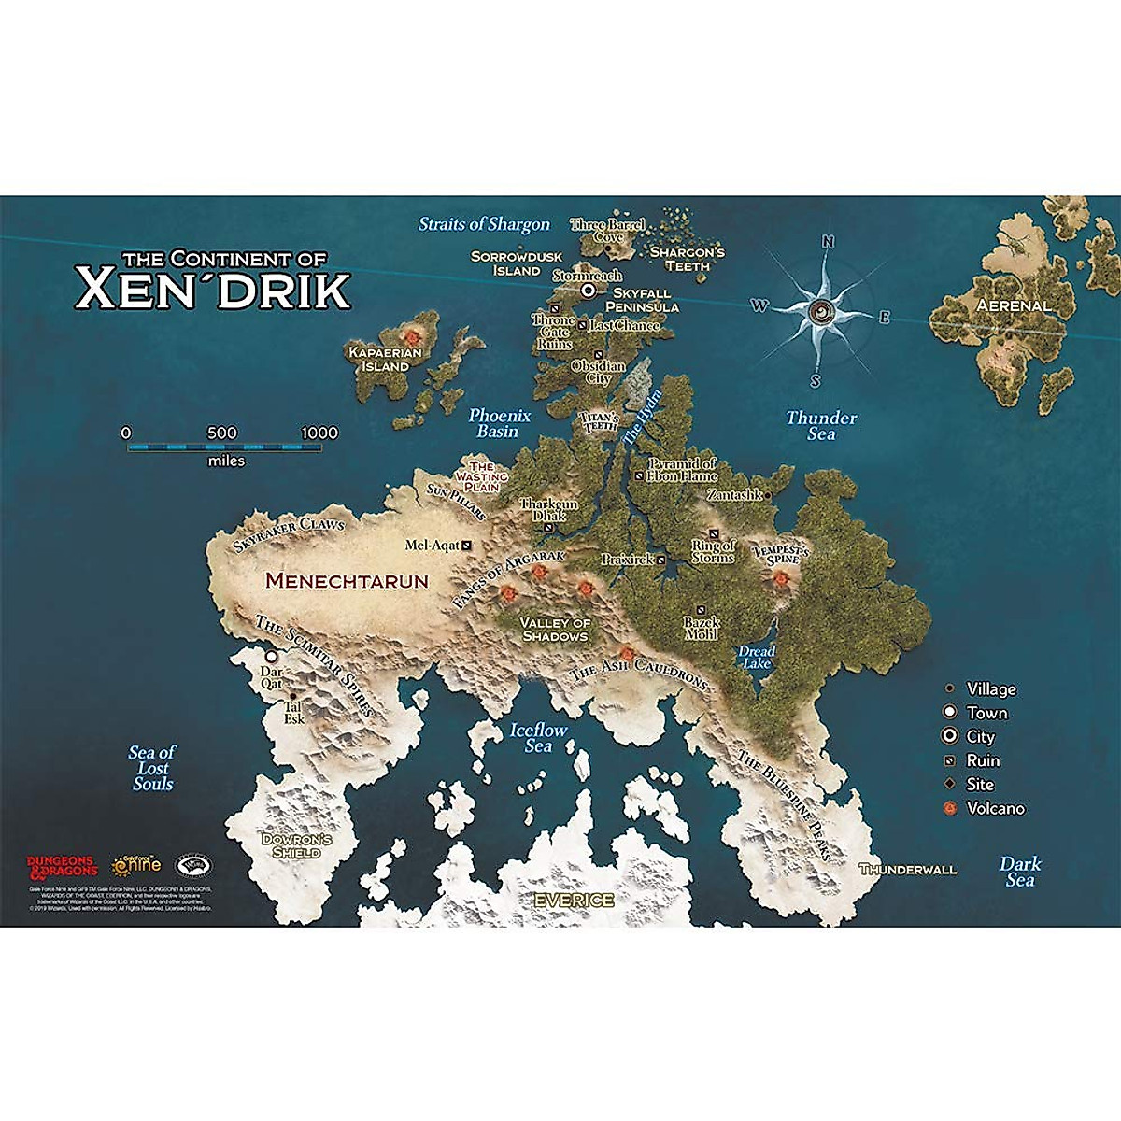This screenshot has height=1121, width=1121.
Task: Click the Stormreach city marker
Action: [x=589, y=291]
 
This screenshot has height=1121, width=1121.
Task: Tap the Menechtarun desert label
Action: [x=347, y=581]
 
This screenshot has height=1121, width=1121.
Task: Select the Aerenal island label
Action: [x=1014, y=305]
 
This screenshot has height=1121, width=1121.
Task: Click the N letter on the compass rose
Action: [x=827, y=243]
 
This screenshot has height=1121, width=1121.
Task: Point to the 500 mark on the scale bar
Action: [x=222, y=433]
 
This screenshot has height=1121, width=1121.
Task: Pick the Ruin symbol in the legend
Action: [x=950, y=760]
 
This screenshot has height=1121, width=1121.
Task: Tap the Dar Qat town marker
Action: [x=271, y=658]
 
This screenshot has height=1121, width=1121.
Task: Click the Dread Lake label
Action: [x=757, y=657]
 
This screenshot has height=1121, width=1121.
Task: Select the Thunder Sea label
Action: [x=821, y=425]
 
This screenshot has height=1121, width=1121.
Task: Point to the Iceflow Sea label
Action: [x=538, y=737]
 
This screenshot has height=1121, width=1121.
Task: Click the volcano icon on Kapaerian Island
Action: [x=410, y=334]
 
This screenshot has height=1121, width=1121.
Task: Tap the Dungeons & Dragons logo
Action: [x=62, y=866]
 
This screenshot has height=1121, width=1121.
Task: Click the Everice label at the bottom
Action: [x=574, y=901]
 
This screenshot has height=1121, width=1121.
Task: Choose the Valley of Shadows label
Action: [x=555, y=630]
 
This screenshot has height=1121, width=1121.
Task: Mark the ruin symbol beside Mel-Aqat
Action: [x=467, y=545]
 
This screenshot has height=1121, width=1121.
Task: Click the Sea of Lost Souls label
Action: [x=152, y=768]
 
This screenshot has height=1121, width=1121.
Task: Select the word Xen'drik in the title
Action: [x=213, y=291]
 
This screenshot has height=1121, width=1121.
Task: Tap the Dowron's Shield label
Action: [x=296, y=845]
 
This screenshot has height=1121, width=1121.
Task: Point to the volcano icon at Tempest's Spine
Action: [x=779, y=580]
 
